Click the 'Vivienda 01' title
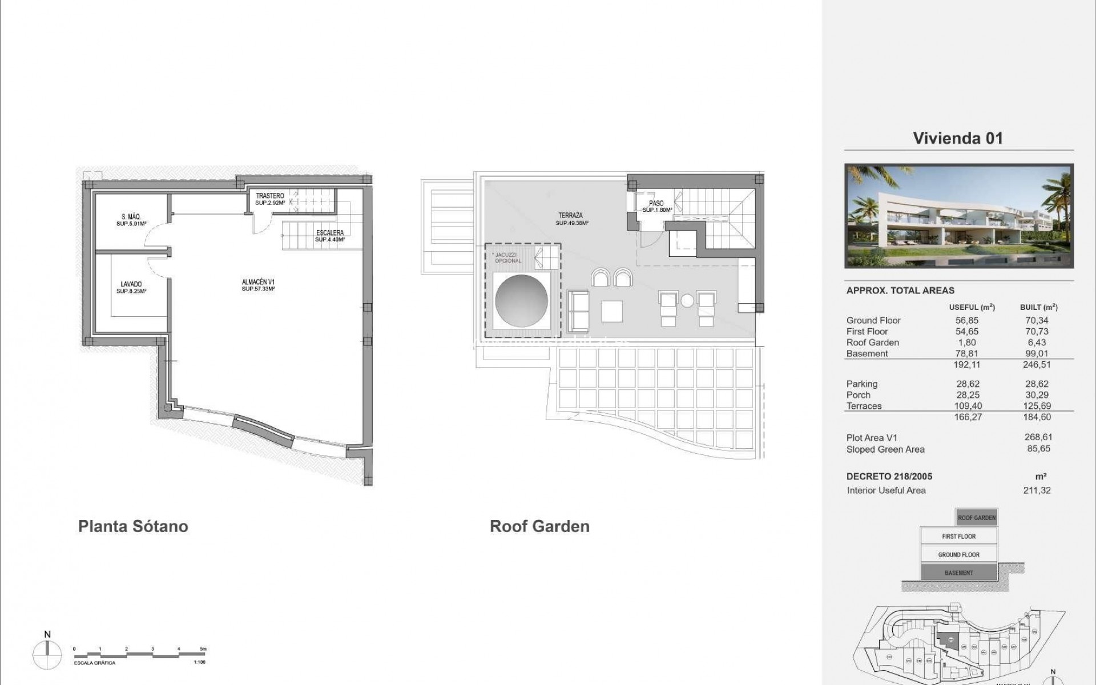point(958,138)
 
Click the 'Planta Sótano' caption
point(133,526)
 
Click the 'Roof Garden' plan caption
point(539,526)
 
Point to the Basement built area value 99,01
point(1037,353)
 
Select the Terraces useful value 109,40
point(966,406)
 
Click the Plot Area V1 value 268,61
point(1038,437)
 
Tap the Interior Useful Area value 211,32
point(1037,490)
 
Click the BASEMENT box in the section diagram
point(958,573)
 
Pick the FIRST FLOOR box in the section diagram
point(958,536)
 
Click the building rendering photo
point(958,216)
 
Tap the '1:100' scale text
point(199,662)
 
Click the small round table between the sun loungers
point(687,300)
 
